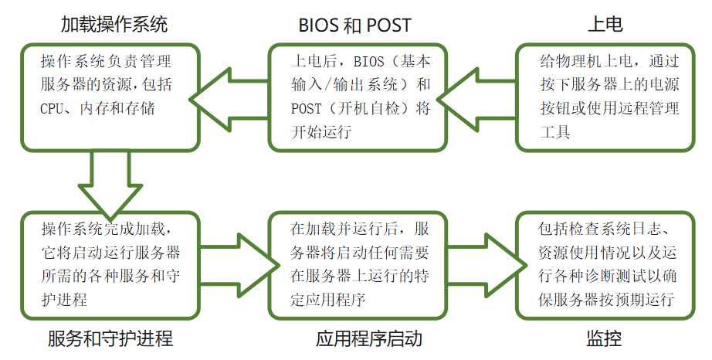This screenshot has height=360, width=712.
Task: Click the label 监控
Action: pyautogui.click(x=604, y=339)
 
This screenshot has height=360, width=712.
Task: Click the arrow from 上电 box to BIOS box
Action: pyautogui.click(x=479, y=97)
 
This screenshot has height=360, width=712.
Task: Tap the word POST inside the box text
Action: pyautogui.click(x=306, y=108)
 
